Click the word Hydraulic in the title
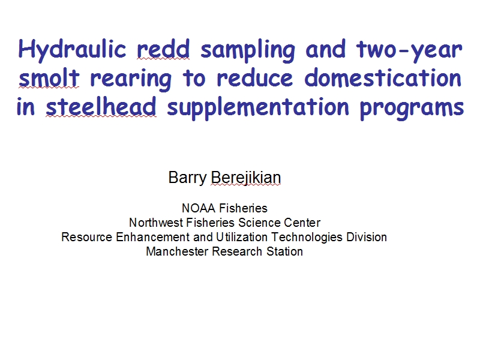[x=72, y=50]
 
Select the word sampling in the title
[x=248, y=50]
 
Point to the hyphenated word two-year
[x=409, y=50]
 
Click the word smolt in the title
[x=49, y=77]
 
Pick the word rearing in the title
[x=131, y=79]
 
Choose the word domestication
[x=383, y=77]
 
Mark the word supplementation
[x=258, y=108]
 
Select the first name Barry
[x=187, y=178]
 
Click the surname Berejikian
[x=246, y=178]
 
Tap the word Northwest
[x=156, y=223]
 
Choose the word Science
[x=259, y=223]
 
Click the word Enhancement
[x=152, y=237]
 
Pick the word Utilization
[x=242, y=237]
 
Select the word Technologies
[x=307, y=237]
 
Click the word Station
[x=284, y=251]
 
